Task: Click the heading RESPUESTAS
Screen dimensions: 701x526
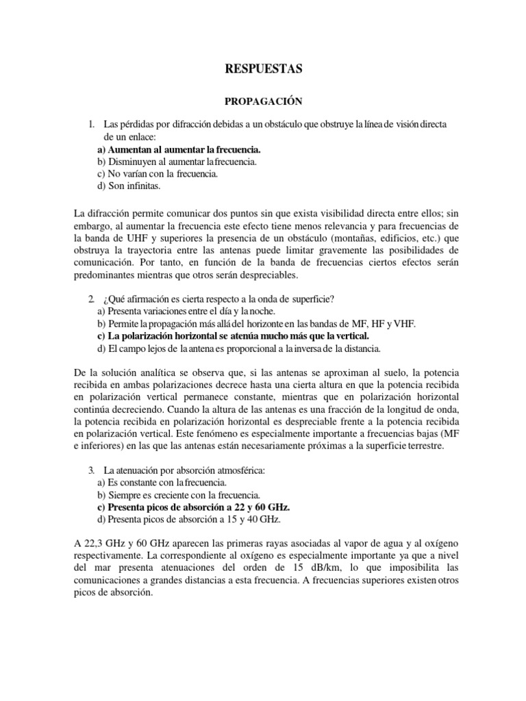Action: pyautogui.click(x=263, y=68)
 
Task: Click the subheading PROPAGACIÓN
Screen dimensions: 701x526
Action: pyautogui.click(x=263, y=101)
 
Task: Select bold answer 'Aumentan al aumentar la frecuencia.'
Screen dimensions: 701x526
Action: pyautogui.click(x=179, y=149)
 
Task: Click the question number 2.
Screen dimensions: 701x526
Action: pyautogui.click(x=90, y=299)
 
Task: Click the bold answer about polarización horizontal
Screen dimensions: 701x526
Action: pyautogui.click(x=234, y=336)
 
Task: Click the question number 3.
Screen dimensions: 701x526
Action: pyautogui.click(x=90, y=470)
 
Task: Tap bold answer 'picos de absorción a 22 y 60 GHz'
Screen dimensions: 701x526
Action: pyautogui.click(x=194, y=507)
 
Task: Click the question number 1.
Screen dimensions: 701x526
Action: pyautogui.click(x=90, y=125)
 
